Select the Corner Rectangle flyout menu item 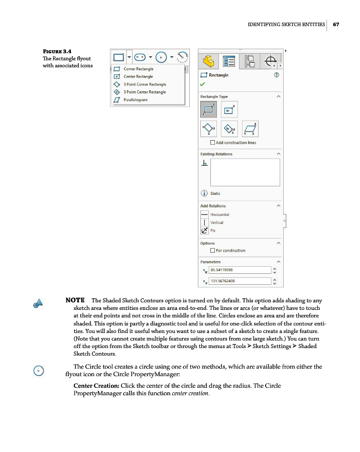tap(138, 69)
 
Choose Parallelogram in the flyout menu tap(136, 100)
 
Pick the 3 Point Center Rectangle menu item tap(144, 92)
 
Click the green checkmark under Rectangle tap(203, 84)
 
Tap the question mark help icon tap(276, 75)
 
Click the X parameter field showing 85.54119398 tap(240, 270)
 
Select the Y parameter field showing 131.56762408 tap(240, 281)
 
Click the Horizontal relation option tap(219, 214)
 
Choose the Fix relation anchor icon tap(204, 231)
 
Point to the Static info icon tap(204, 193)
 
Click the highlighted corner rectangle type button tap(208, 108)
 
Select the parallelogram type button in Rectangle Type tap(250, 129)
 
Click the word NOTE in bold tap(75, 300)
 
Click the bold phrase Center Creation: tap(96, 385)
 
